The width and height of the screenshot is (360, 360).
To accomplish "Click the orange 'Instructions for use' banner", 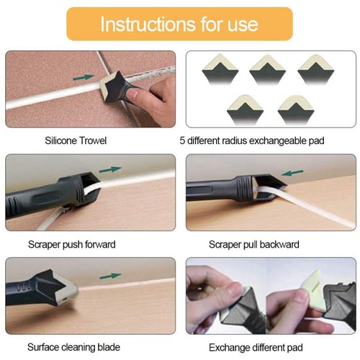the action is pos(179,24).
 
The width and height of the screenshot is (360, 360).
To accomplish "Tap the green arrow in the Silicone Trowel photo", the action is pos(84,77).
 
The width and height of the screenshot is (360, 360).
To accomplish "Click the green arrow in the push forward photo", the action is pos(110,169).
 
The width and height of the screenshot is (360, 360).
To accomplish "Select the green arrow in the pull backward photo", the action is pos(292,173).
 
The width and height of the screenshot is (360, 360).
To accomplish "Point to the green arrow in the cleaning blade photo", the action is pos(111,276).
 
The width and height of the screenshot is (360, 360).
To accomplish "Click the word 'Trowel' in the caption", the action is pos(93,140).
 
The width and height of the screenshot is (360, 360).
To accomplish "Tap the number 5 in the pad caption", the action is pos(182,140).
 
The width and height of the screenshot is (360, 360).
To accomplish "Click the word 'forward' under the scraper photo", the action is pos(100,245).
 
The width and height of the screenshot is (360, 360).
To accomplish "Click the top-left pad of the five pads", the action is pos(220,69).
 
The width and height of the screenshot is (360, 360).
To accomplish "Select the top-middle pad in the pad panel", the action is pos(267,69).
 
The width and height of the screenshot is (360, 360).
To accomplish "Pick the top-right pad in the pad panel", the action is pos(315,69).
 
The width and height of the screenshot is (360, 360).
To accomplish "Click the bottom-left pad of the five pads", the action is pos(245,110).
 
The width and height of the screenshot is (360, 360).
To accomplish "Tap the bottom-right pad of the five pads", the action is pos(296,110).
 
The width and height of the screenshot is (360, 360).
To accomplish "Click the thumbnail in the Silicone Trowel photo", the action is pos(135,93).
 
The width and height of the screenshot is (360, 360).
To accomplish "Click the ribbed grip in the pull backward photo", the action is pos(244,189).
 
